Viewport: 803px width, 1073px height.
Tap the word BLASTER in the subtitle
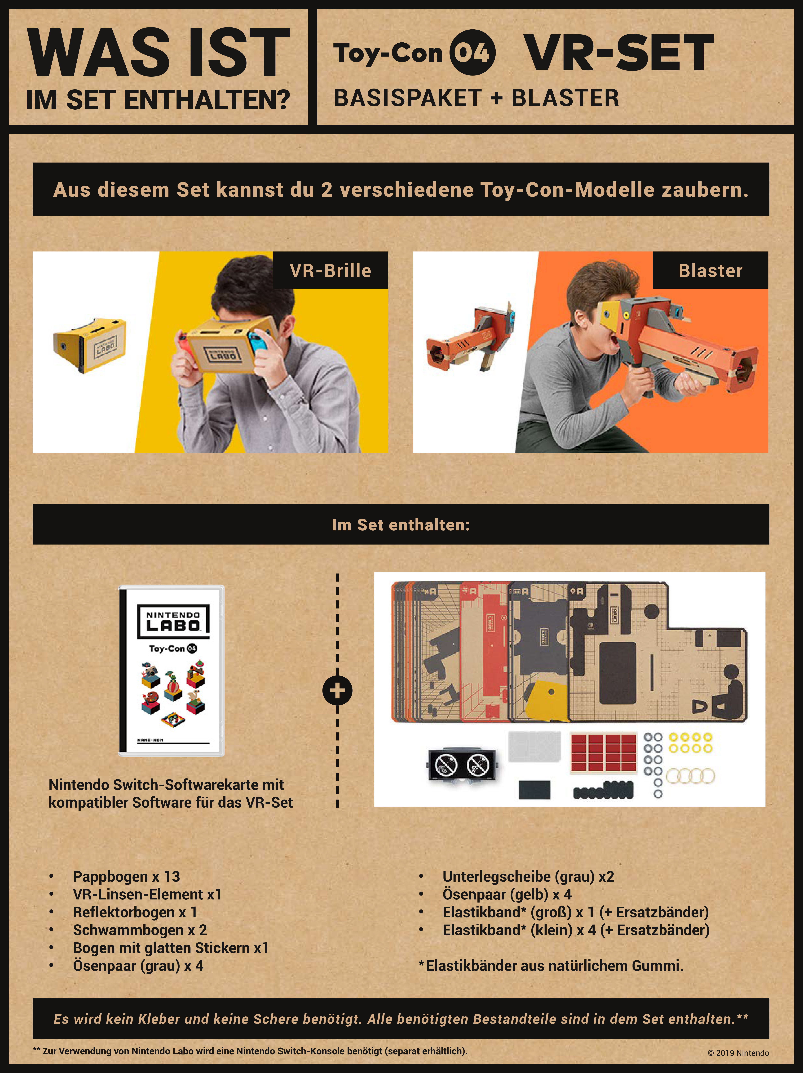(x=565, y=98)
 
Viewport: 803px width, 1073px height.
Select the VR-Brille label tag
(x=330, y=270)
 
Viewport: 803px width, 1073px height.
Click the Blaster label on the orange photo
(x=710, y=270)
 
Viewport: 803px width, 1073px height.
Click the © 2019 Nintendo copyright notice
(x=738, y=1053)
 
